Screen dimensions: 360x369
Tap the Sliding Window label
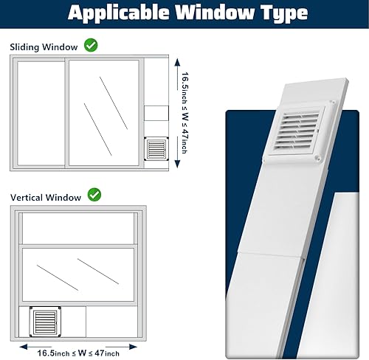tap(44, 46)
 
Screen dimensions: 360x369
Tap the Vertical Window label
tap(46, 198)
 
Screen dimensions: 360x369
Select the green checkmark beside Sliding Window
tap(91, 46)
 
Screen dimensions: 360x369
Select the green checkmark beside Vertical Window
tap(94, 195)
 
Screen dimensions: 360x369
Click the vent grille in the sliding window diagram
tap(156, 150)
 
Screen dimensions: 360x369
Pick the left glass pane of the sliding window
tap(40, 112)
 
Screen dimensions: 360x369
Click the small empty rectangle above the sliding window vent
tap(156, 113)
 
